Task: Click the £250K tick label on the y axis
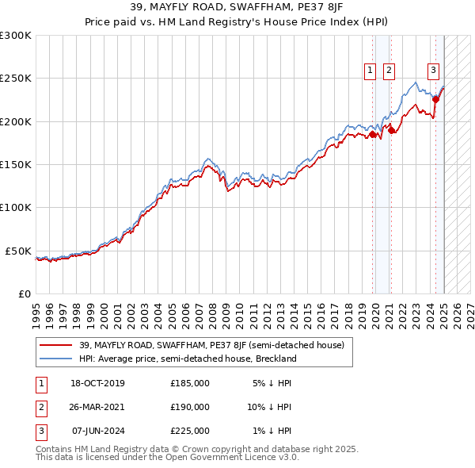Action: click(x=16, y=79)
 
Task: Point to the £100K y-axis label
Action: click(x=16, y=207)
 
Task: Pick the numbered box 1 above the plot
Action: click(x=370, y=71)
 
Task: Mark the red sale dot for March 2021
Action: click(x=392, y=130)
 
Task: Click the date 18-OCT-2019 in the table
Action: click(x=98, y=383)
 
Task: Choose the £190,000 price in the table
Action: click(x=190, y=407)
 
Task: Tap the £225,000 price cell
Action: click(x=190, y=431)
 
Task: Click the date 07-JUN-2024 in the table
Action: click(x=98, y=431)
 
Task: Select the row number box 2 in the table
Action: click(x=40, y=407)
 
